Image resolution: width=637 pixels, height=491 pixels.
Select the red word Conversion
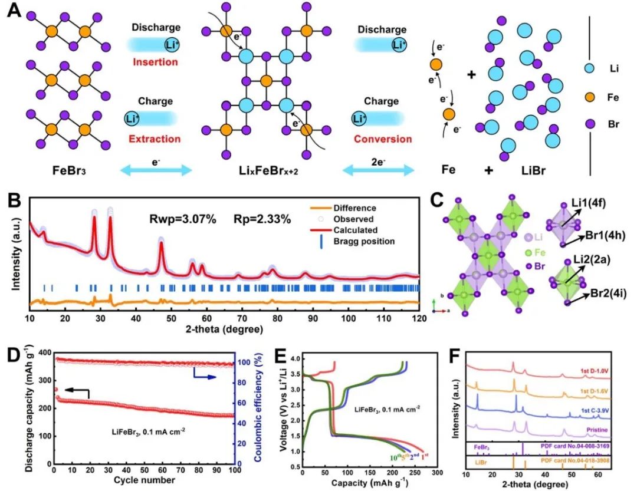(x=383, y=139)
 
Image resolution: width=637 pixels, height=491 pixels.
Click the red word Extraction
(x=155, y=139)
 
